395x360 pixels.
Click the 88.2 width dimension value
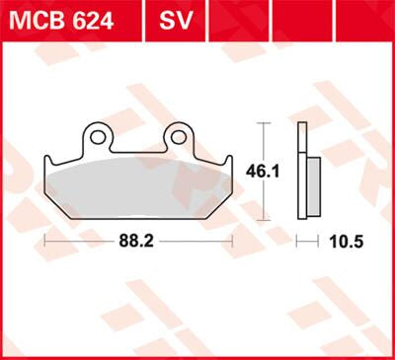(138, 240)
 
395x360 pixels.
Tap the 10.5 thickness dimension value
(337, 240)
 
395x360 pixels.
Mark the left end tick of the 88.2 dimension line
(45, 240)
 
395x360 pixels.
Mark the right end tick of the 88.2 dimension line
(231, 240)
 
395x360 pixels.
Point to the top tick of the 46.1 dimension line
(262, 123)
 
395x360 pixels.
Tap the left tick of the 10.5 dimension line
(299, 240)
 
